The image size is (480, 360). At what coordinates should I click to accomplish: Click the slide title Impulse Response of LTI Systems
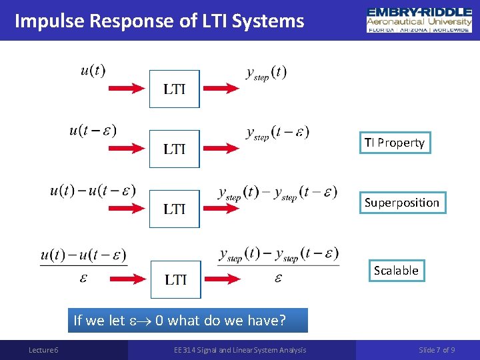pyautogui.click(x=159, y=21)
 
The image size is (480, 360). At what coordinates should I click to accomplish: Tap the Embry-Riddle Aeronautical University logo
pyautogui.click(x=419, y=20)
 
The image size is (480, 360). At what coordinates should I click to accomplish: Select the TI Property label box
pyautogui.click(x=394, y=143)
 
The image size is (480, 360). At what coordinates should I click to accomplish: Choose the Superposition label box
pyautogui.click(x=401, y=203)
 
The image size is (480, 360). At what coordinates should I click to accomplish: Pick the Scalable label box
pyautogui.click(x=396, y=271)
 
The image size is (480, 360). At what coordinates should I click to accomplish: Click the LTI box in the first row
pyautogui.click(x=174, y=89)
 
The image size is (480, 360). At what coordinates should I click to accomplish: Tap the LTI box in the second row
pyautogui.click(x=174, y=149)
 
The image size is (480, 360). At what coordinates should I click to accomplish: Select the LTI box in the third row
pyautogui.click(x=174, y=209)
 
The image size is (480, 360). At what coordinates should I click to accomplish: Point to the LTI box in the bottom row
pyautogui.click(x=175, y=279)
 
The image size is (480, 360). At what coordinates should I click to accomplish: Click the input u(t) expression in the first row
pyautogui.click(x=93, y=70)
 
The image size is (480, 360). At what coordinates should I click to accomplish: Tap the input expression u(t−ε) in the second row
pyautogui.click(x=93, y=130)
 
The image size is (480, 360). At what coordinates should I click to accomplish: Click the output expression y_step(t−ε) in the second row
pyautogui.click(x=277, y=133)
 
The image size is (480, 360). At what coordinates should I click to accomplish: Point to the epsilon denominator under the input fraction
pyautogui.click(x=83, y=277)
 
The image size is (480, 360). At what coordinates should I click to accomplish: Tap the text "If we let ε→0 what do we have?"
pyautogui.click(x=179, y=320)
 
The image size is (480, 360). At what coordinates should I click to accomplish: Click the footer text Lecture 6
pyautogui.click(x=43, y=350)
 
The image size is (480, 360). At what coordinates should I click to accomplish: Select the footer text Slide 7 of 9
pyautogui.click(x=437, y=350)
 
